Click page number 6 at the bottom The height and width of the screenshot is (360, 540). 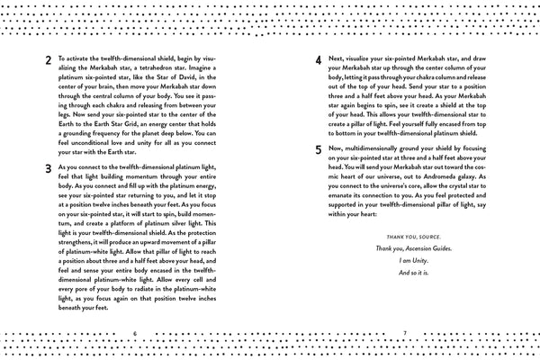point(133,333)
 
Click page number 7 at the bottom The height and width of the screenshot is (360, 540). point(406,333)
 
